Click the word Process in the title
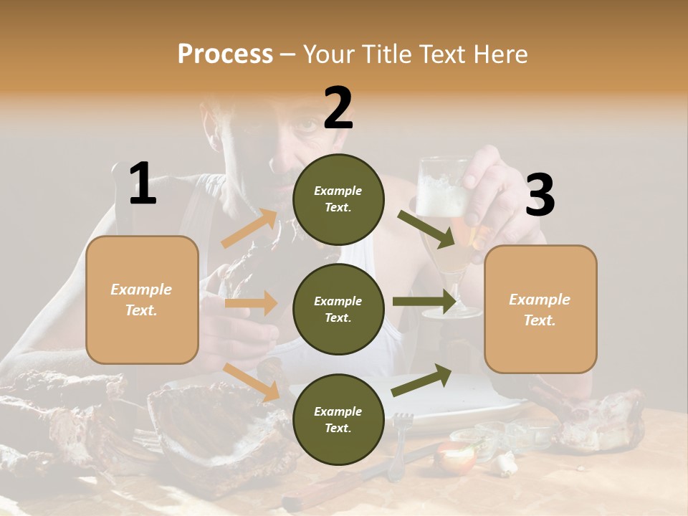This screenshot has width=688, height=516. (x=225, y=54)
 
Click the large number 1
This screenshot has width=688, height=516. (x=143, y=184)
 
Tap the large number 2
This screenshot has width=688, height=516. (x=338, y=108)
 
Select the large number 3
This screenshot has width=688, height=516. (x=540, y=195)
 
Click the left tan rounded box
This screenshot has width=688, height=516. (x=142, y=300)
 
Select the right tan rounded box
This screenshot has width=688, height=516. (x=540, y=309)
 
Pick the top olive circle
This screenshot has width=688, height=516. (x=338, y=199)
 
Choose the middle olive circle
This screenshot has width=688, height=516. (x=338, y=309)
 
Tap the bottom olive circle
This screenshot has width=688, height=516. (x=338, y=419)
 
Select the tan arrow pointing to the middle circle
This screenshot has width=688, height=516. (x=251, y=303)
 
